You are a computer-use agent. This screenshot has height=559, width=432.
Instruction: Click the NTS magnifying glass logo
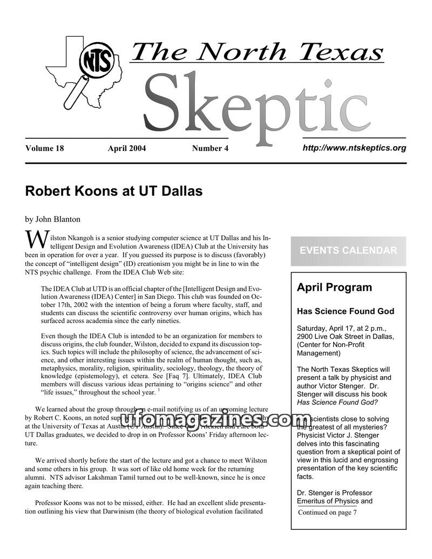click(x=97, y=64)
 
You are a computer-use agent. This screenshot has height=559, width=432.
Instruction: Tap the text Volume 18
click(x=44, y=148)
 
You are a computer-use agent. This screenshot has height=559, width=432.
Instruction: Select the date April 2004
click(x=127, y=148)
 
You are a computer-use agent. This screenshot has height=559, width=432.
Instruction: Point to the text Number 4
click(x=210, y=148)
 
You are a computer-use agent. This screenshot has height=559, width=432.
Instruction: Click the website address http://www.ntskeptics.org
click(x=354, y=147)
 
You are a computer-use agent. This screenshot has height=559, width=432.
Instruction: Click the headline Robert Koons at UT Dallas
click(x=113, y=191)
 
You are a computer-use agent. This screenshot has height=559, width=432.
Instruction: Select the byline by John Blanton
click(x=53, y=219)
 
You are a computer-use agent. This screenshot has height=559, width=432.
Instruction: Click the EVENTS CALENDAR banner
click(x=348, y=250)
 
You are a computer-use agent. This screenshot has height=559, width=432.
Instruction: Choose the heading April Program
click(x=334, y=287)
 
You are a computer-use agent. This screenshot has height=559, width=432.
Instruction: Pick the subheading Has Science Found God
click(x=346, y=311)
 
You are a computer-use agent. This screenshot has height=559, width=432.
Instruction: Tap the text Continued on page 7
click(x=327, y=512)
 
